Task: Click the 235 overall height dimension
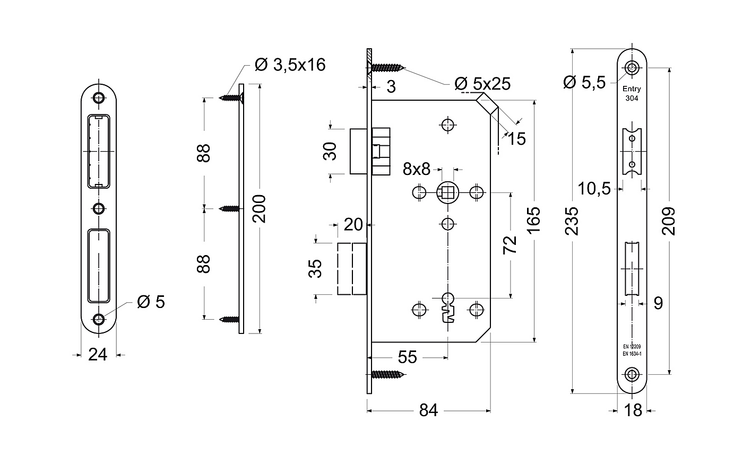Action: click(572, 221)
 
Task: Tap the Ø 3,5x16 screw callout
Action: click(290, 65)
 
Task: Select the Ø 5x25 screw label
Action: click(482, 84)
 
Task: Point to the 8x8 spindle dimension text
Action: click(417, 169)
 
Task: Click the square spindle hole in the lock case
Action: click(447, 192)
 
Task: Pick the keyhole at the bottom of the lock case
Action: click(448, 307)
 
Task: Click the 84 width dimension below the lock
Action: click(428, 410)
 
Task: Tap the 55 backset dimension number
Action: click(408, 357)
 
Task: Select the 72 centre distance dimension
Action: click(510, 245)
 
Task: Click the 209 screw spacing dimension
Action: click(669, 221)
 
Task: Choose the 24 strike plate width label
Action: click(98, 355)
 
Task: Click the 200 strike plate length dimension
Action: click(259, 209)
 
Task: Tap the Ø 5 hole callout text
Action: click(151, 302)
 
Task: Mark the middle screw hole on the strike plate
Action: click(99, 209)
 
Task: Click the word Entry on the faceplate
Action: click(632, 89)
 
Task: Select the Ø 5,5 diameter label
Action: click(585, 82)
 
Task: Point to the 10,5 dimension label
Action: click(594, 189)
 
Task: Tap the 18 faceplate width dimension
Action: click(633, 410)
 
